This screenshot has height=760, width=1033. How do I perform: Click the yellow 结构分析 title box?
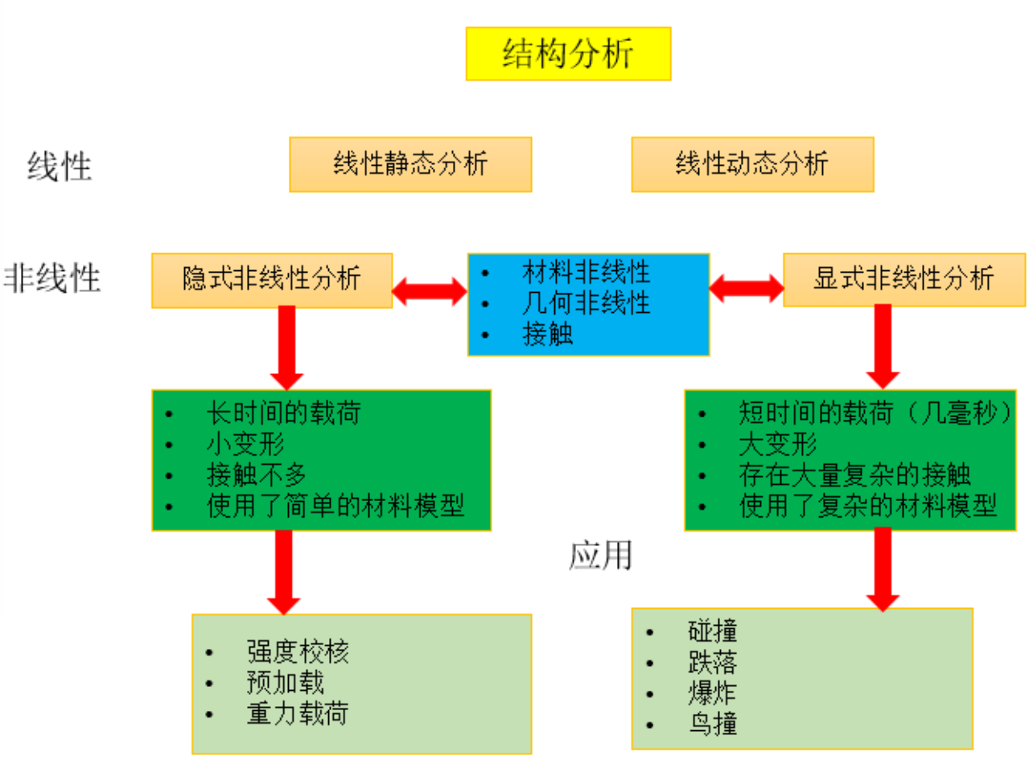click(x=568, y=54)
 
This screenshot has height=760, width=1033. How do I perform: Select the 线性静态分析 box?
click(x=410, y=165)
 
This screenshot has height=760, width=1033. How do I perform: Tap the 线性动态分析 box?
click(x=752, y=165)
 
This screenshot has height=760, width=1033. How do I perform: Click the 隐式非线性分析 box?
click(x=272, y=280)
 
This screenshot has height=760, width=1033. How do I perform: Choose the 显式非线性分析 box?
click(x=904, y=280)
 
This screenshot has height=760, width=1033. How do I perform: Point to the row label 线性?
click(x=60, y=167)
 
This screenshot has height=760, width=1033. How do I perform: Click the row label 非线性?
click(x=53, y=278)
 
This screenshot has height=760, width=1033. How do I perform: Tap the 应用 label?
click(x=600, y=555)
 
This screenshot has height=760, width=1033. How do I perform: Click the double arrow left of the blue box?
click(x=430, y=291)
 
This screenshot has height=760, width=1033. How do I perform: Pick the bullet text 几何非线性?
click(x=586, y=303)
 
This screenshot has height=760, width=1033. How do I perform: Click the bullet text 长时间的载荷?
click(x=283, y=413)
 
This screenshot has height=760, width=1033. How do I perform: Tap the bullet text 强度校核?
click(x=298, y=652)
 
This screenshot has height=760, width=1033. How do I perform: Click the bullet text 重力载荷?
click(x=298, y=713)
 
